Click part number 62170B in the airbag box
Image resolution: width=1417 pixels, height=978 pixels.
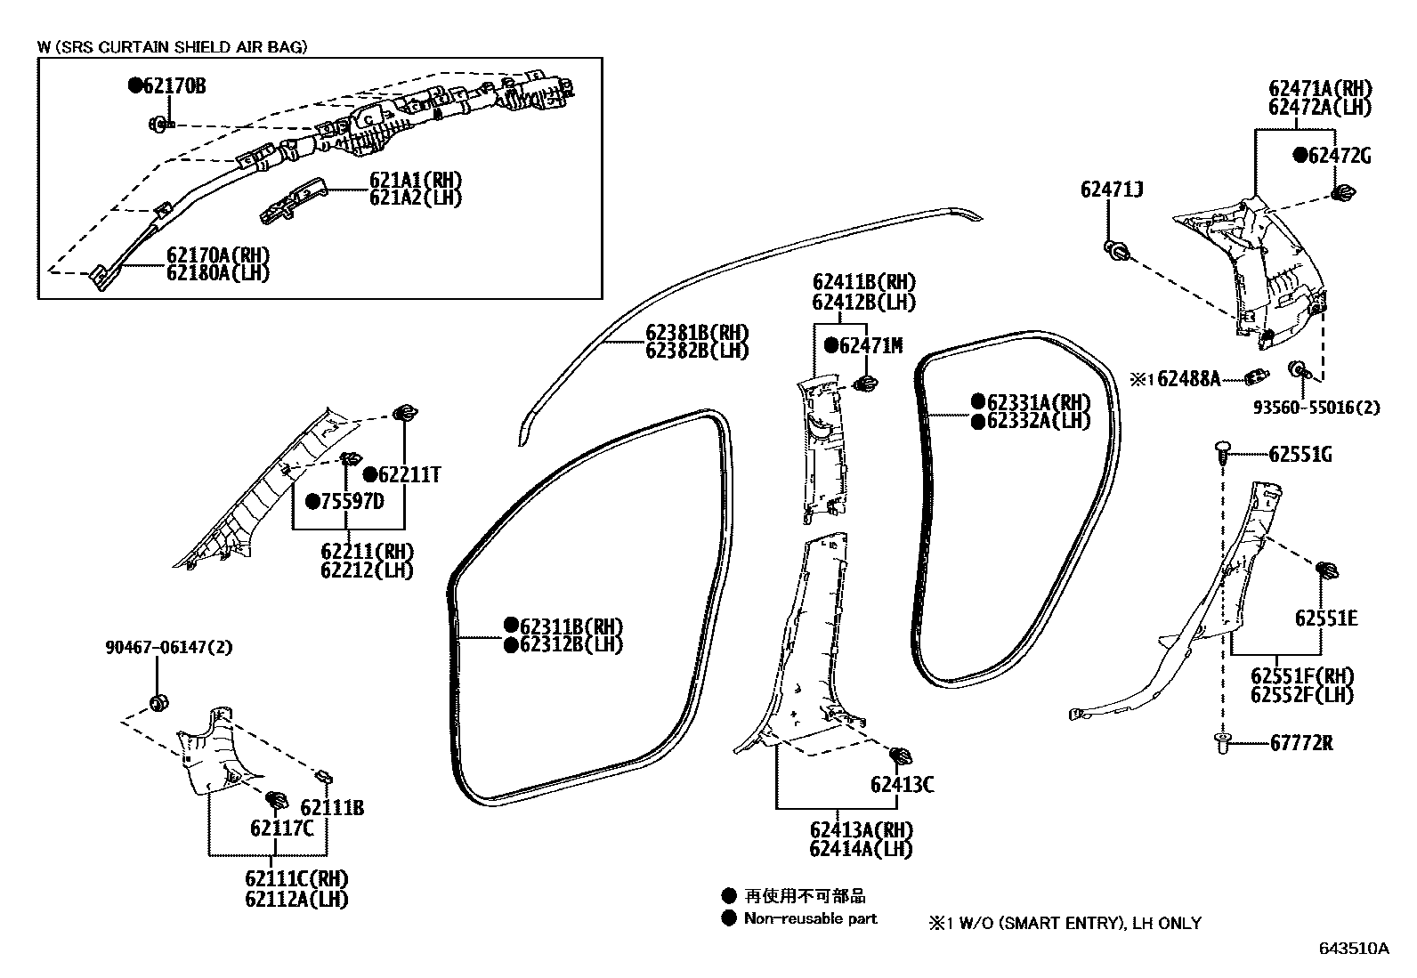coord(174,86)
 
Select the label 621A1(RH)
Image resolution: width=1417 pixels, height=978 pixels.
coord(416,179)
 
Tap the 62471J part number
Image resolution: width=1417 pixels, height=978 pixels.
coord(1112,190)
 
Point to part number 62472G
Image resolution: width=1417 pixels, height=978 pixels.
coord(1339,156)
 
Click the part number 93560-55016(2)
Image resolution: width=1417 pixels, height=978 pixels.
coord(1316,408)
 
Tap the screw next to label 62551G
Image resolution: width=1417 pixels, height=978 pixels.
coord(1224,453)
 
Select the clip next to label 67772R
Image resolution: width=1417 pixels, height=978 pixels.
coord(1222,742)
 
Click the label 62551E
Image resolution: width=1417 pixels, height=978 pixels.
coord(1326,618)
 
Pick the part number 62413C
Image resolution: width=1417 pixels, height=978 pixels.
coord(902,784)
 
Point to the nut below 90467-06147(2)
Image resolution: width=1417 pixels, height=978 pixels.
coord(158,702)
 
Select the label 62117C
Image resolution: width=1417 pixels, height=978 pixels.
coord(282,828)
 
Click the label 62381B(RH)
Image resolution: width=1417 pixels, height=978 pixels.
coord(697,333)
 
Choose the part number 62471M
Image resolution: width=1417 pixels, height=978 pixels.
coord(870,346)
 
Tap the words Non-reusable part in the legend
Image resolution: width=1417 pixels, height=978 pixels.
coord(810,919)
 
